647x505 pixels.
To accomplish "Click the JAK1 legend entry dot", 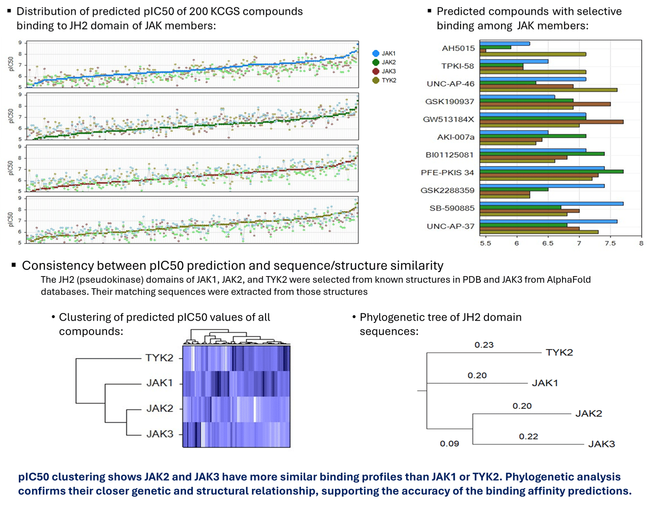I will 376,54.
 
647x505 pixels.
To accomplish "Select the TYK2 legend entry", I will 389,80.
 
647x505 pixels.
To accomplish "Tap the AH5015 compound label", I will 458,48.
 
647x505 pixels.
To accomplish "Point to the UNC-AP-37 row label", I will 451,226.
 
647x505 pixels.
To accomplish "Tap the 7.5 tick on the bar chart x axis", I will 610,243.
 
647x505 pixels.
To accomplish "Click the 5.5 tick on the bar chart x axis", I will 485,243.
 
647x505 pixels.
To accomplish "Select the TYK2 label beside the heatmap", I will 159,358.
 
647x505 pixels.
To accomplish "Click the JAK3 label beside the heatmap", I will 160,434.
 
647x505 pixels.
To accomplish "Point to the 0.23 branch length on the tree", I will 484,345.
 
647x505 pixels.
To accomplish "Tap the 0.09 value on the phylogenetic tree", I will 449,444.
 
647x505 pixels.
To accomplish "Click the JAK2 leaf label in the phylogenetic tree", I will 589,414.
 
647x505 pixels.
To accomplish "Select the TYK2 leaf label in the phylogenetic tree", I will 559,353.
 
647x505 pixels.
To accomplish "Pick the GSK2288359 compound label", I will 448,190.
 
